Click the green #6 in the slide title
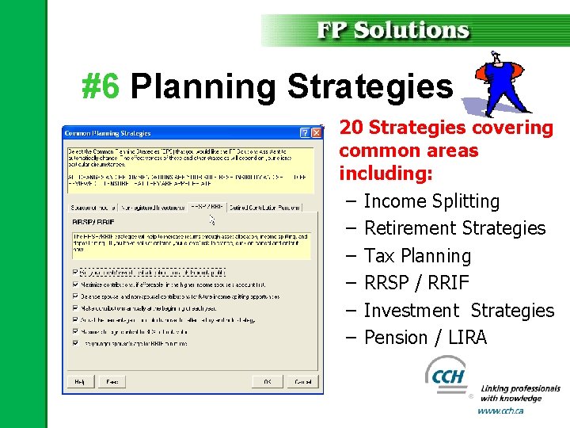pyautogui.click(x=101, y=86)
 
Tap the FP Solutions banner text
pyautogui.click(x=393, y=30)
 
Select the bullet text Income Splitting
pyautogui.click(x=431, y=201)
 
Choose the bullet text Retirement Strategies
pyautogui.click(x=454, y=228)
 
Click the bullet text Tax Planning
pyautogui.click(x=417, y=256)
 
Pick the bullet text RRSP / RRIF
pyautogui.click(x=416, y=283)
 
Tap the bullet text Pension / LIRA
pyautogui.click(x=425, y=338)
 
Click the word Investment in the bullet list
pyautogui.click(x=411, y=311)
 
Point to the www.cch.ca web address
pyautogui.click(x=500, y=411)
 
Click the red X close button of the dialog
pyautogui.click(x=317, y=132)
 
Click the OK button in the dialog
pyautogui.click(x=268, y=381)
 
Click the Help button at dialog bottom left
pyautogui.click(x=79, y=381)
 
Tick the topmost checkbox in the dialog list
pyautogui.click(x=76, y=272)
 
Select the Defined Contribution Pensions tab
pyautogui.click(x=264, y=208)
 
